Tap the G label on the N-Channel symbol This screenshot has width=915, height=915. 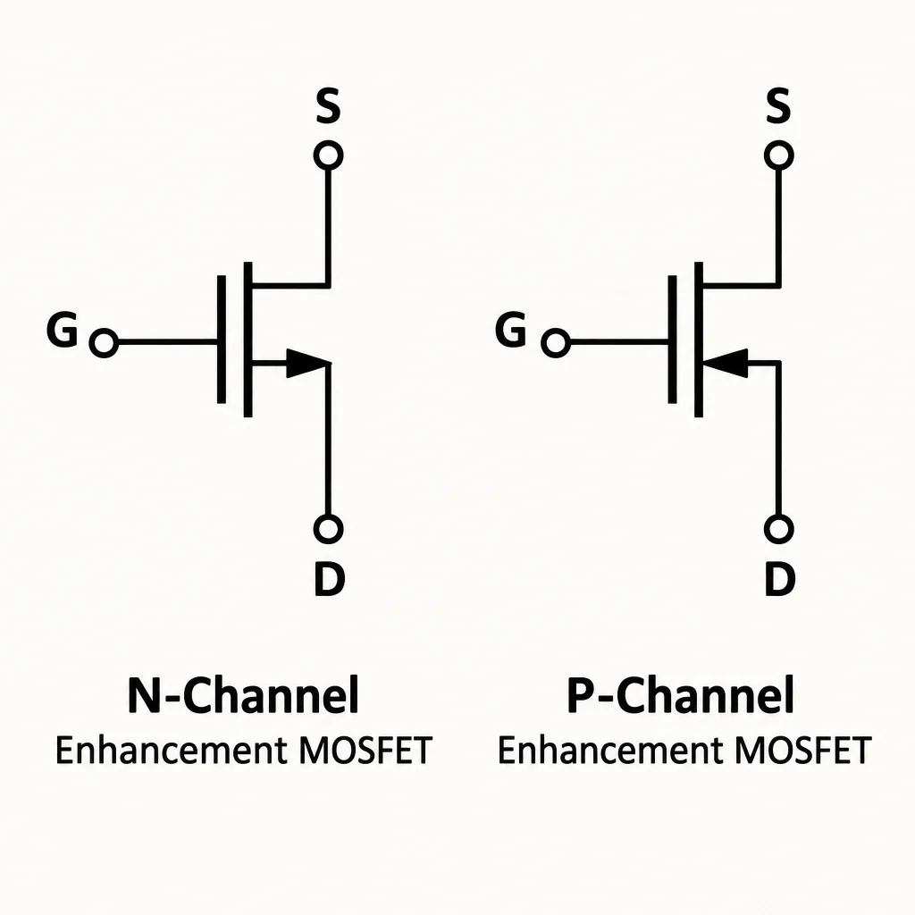click(x=62, y=330)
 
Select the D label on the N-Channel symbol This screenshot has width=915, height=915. click(x=330, y=578)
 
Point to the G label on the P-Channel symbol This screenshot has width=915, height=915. click(x=510, y=330)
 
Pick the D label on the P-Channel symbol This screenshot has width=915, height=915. click(x=780, y=578)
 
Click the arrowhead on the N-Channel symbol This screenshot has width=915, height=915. click(x=305, y=363)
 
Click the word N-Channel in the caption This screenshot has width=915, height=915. click(x=243, y=695)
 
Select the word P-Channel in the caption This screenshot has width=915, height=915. click(x=680, y=695)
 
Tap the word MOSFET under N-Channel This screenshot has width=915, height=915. click(x=365, y=751)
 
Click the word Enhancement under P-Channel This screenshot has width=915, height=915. click(x=611, y=751)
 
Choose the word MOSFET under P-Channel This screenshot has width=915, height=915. click(x=803, y=751)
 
